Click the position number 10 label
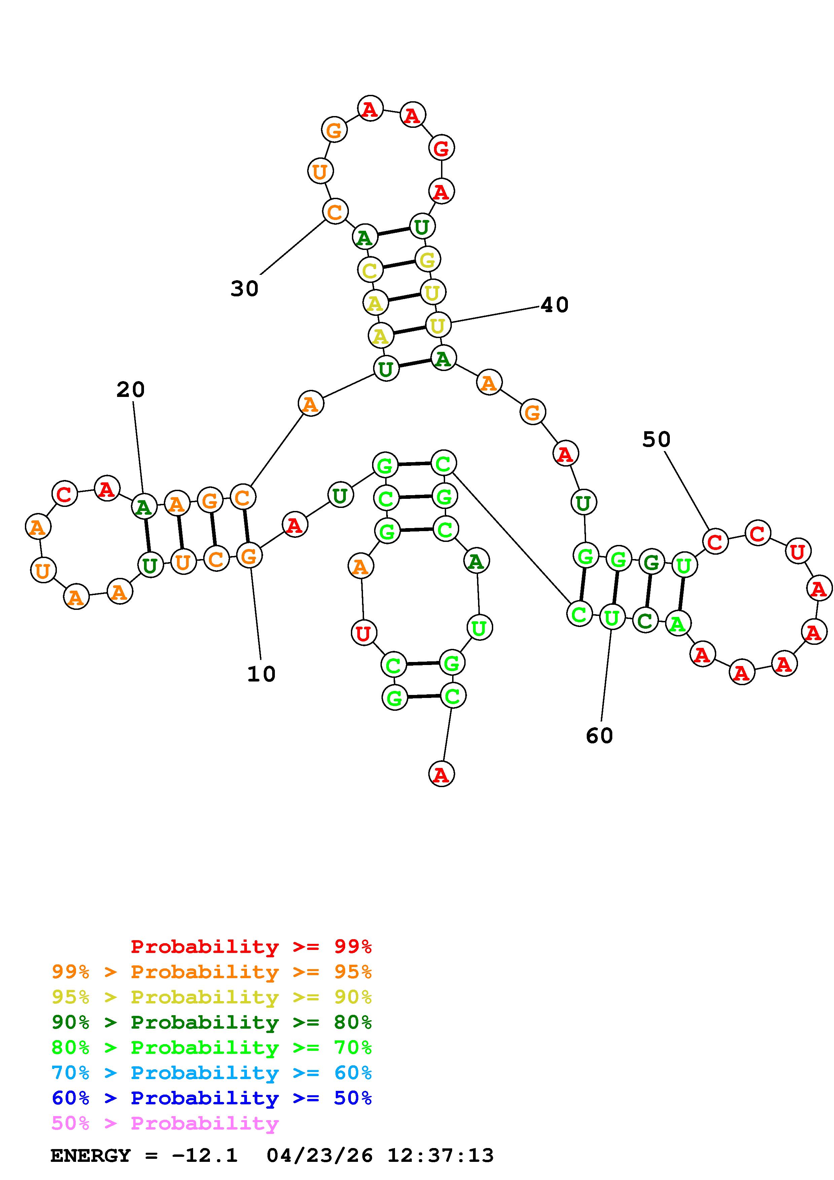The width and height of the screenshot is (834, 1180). (261, 674)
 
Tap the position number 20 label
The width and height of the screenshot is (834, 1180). (131, 390)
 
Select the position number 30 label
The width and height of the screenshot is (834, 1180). (245, 289)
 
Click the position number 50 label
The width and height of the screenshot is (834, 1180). (656, 439)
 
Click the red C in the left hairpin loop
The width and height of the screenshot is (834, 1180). (64, 494)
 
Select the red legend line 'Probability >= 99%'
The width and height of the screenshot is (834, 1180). (251, 947)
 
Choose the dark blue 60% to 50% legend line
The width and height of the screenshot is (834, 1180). (212, 1098)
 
